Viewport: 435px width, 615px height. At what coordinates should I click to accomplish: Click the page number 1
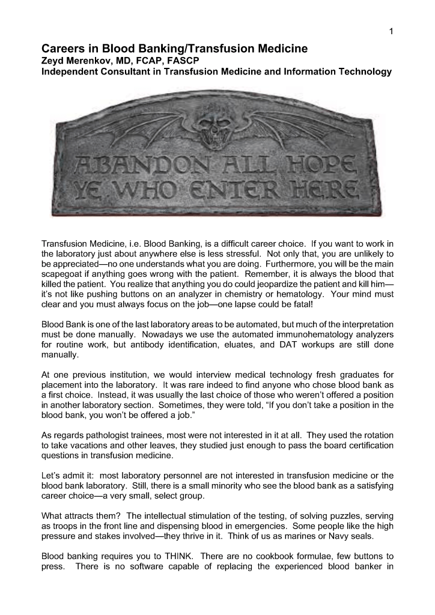pos(391,32)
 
